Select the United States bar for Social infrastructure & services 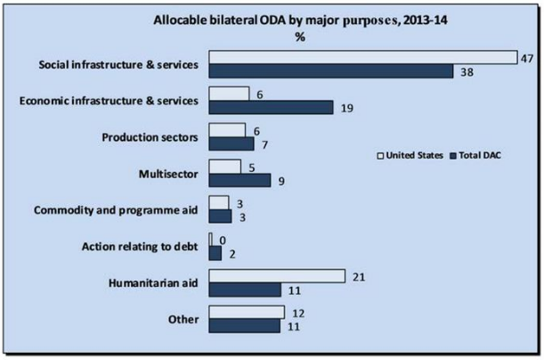click(363, 58)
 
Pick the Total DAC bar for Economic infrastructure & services click(271, 108)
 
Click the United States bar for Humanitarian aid click(276, 276)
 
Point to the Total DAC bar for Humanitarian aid click(244, 290)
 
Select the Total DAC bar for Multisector click(239, 180)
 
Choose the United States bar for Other click(247, 312)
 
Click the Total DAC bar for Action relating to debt click(215, 253)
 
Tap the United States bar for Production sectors click(226, 130)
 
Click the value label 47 click(528, 58)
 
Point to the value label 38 click(465, 72)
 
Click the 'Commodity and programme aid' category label click(116, 209)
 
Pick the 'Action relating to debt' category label click(134, 246)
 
